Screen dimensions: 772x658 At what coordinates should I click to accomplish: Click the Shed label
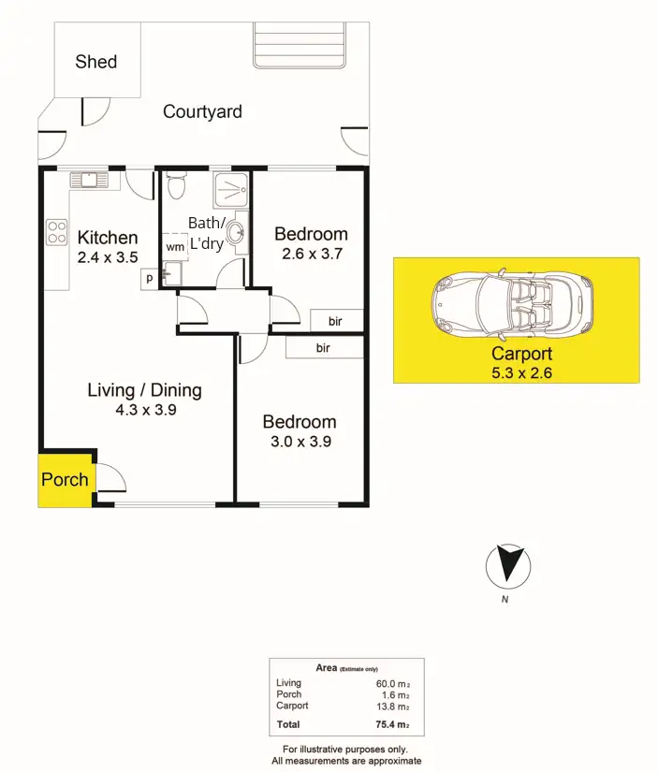tap(96, 62)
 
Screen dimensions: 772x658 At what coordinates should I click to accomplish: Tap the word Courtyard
tap(202, 111)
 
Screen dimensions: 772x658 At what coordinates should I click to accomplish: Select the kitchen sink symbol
tap(89, 179)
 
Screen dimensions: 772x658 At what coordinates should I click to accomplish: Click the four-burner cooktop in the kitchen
tap(56, 231)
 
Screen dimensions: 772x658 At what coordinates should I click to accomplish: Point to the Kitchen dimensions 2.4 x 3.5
tap(108, 255)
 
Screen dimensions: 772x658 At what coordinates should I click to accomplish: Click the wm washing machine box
tap(175, 246)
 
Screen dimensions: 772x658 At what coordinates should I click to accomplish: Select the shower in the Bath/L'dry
tap(230, 191)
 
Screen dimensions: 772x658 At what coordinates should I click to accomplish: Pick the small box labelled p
tap(148, 278)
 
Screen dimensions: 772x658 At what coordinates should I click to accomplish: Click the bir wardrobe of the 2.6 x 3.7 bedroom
tap(336, 321)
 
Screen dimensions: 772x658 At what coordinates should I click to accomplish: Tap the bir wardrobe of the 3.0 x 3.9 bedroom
tap(324, 348)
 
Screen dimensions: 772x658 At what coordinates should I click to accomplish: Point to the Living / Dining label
tap(144, 390)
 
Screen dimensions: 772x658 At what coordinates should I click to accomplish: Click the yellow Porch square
tap(65, 480)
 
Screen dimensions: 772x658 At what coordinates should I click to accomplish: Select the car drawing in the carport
tap(514, 305)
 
